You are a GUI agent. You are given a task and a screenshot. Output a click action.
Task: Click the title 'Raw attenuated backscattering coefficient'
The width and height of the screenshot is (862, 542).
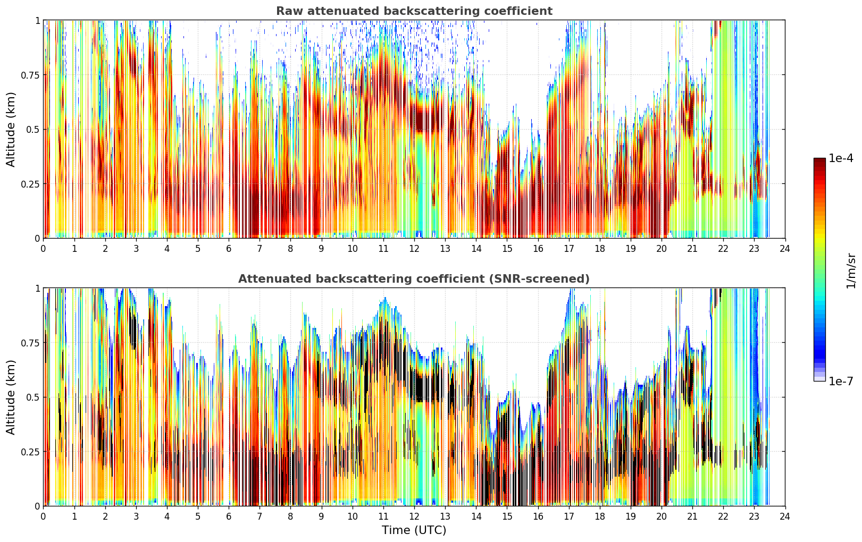(x=414, y=11)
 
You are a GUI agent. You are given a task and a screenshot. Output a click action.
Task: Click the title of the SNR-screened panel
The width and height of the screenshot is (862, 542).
(x=414, y=278)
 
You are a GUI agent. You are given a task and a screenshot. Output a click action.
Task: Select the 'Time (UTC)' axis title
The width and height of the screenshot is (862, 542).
(x=414, y=530)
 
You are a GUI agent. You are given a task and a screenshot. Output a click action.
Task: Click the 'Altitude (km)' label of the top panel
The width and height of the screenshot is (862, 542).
(x=11, y=129)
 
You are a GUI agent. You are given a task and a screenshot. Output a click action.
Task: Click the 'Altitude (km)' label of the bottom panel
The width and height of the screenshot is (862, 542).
(x=11, y=397)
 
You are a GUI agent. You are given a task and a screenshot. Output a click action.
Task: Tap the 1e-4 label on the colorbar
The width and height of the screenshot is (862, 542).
(x=841, y=158)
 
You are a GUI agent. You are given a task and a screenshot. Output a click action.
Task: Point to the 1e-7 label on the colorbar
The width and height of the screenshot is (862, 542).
(x=841, y=382)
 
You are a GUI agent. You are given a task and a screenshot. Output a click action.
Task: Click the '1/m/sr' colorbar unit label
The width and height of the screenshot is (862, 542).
(x=851, y=270)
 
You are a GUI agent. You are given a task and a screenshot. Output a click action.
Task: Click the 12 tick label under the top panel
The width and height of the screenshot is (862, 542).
(x=414, y=249)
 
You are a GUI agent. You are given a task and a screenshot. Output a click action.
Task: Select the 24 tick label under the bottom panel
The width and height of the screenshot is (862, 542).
(x=785, y=516)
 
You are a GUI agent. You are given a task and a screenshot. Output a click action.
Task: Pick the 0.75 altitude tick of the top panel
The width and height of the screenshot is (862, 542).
(x=30, y=75)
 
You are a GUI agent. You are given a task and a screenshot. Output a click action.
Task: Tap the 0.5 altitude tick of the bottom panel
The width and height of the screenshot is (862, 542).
(x=33, y=397)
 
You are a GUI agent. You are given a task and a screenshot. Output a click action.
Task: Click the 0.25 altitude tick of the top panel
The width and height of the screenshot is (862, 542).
(x=30, y=184)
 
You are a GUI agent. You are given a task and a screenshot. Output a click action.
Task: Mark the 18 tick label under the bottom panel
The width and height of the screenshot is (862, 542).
(x=599, y=516)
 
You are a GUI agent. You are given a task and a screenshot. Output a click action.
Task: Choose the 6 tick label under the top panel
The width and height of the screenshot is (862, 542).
(x=229, y=249)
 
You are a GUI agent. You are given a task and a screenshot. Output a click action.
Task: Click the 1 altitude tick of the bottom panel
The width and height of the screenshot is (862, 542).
(x=37, y=289)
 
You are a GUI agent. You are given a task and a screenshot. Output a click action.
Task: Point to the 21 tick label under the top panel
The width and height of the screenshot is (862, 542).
(x=692, y=249)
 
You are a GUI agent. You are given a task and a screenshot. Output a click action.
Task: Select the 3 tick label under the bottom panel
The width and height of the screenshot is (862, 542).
(x=136, y=516)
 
